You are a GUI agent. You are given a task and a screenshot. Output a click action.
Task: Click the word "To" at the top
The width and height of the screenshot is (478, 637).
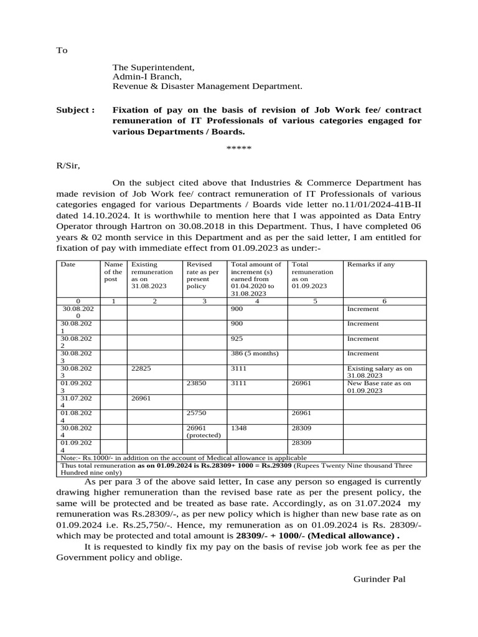tap(62, 50)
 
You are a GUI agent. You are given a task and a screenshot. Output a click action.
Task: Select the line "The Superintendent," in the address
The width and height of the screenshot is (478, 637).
tap(153, 67)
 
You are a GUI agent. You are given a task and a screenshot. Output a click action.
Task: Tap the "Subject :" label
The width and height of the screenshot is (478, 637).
tap(75, 110)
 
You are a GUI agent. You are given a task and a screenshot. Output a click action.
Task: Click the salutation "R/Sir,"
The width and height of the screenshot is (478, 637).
tap(68, 165)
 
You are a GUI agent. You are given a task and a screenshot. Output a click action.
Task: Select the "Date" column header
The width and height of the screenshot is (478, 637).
tap(68, 264)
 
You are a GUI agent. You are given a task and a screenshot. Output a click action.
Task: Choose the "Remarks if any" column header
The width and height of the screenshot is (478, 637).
tap(370, 264)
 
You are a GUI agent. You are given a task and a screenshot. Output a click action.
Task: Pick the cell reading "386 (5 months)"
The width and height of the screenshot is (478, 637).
tap(255, 354)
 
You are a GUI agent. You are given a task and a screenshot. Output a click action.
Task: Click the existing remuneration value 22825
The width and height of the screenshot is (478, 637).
tap(142, 369)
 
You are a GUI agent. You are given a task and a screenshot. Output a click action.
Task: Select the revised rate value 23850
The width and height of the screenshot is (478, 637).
tap(197, 384)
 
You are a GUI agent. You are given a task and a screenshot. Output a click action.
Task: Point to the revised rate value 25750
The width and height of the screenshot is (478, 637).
tap(197, 413)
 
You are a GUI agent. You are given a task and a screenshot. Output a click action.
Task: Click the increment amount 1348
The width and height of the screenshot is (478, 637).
tap(240, 428)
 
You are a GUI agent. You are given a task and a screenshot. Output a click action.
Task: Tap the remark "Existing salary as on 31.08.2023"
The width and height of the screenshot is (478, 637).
tap(379, 372)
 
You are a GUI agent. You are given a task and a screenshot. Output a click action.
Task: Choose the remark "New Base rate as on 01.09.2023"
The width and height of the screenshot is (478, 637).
tap(378, 387)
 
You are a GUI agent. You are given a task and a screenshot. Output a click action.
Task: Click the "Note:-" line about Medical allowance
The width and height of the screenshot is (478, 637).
tap(184, 457)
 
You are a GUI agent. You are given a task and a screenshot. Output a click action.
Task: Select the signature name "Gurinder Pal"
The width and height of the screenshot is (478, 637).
tap(379, 579)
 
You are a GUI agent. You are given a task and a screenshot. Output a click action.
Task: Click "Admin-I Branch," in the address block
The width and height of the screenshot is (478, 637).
tap(146, 77)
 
